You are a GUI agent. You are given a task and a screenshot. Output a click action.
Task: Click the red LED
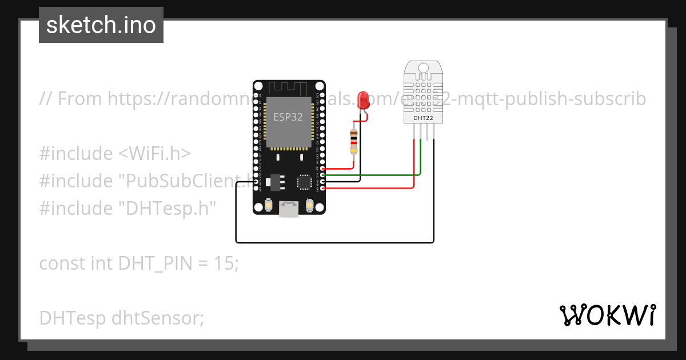(x=362, y=100)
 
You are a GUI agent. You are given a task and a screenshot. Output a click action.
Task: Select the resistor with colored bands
(x=354, y=142)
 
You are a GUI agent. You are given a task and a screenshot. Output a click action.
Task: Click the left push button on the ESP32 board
(x=268, y=205)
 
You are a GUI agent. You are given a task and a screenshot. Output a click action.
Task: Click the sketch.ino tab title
(x=101, y=25)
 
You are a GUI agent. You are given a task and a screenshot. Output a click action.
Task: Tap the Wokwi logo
(x=607, y=315)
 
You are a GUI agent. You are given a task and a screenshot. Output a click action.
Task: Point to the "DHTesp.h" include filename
(x=167, y=209)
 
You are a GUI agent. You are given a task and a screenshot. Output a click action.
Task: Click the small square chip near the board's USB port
(x=304, y=182)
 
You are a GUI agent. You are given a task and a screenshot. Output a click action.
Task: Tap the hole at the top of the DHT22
(x=423, y=67)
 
